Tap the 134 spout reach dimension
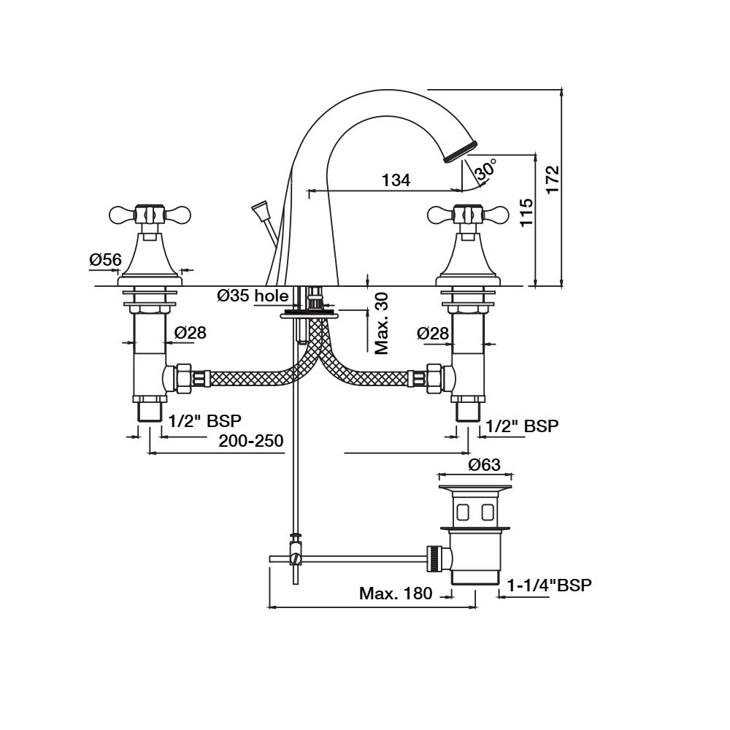pyautogui.click(x=396, y=180)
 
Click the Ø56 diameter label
pyautogui.click(x=105, y=259)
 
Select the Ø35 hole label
pyautogui.click(x=253, y=296)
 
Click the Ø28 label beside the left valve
pyautogui.click(x=190, y=333)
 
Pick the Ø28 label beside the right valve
pyautogui.click(x=433, y=333)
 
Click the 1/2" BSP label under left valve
pyautogui.click(x=204, y=420)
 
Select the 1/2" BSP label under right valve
pyautogui.click(x=522, y=426)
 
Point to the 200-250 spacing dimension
pyautogui.click(x=250, y=441)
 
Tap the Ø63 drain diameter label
pyautogui.click(x=484, y=464)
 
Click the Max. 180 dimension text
pyautogui.click(x=396, y=593)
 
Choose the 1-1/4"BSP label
pyautogui.click(x=550, y=585)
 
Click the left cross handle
pyautogui.click(x=150, y=215)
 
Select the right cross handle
pyautogui.click(x=467, y=215)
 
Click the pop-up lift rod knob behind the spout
pyautogui.click(x=259, y=210)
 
